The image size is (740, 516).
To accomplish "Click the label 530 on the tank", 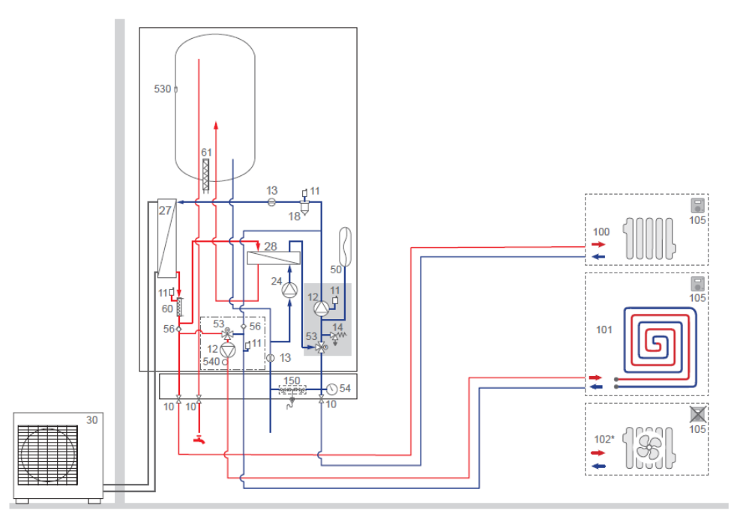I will (x=162, y=89).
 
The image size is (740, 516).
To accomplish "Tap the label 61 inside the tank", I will (x=206, y=152).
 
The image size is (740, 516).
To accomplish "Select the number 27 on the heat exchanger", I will (x=165, y=211).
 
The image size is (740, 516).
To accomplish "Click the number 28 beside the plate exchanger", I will (x=271, y=246).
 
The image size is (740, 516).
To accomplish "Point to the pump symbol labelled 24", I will (x=289, y=290).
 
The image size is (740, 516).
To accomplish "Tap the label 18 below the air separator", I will (x=294, y=216).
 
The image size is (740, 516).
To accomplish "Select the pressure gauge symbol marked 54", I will (x=332, y=388).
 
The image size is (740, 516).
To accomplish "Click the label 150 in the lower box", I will (x=292, y=380).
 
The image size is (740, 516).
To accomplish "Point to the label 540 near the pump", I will (x=211, y=362).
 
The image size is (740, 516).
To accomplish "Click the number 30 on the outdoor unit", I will (x=91, y=420).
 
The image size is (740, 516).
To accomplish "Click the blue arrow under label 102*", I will (x=600, y=466).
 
